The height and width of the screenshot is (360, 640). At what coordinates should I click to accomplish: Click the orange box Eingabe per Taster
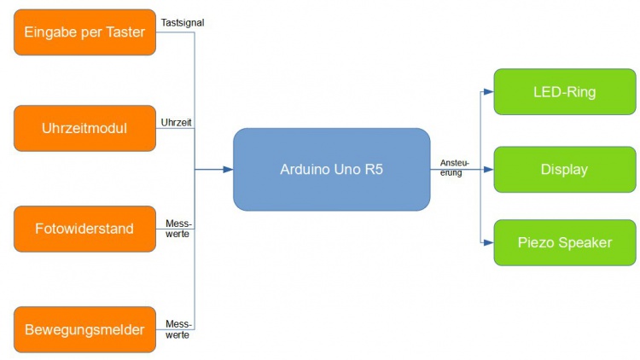click(x=85, y=32)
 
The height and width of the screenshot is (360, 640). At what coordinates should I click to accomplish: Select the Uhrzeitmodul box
click(x=85, y=129)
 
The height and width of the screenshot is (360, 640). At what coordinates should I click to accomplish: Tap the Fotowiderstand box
click(x=85, y=229)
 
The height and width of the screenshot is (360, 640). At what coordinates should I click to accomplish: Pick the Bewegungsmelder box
click(x=85, y=329)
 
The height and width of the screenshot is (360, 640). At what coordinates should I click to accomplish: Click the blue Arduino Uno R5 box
click(x=331, y=170)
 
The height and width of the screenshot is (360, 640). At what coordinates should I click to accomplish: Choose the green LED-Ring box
click(x=565, y=91)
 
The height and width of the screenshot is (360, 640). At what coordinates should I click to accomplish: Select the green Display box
click(x=565, y=170)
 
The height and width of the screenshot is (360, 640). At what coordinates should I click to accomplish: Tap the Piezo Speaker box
click(x=565, y=242)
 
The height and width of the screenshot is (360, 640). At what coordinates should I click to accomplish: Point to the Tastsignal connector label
click(x=182, y=22)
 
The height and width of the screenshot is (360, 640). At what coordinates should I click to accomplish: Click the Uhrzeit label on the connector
click(x=176, y=123)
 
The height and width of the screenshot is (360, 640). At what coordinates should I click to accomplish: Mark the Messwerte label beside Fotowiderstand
click(x=178, y=229)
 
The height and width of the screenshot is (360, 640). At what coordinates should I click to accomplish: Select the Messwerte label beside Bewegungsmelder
click(x=178, y=329)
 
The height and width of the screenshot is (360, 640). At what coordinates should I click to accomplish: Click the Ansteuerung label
click(x=454, y=167)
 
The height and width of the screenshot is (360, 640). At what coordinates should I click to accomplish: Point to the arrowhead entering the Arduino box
click(x=228, y=170)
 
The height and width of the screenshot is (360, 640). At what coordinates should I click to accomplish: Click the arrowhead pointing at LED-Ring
click(x=489, y=91)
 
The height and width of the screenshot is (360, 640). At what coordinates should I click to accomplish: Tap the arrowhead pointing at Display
click(x=489, y=170)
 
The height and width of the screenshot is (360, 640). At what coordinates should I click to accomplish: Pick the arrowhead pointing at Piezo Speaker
click(x=489, y=242)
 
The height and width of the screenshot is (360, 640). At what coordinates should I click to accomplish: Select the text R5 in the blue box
click(x=374, y=170)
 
